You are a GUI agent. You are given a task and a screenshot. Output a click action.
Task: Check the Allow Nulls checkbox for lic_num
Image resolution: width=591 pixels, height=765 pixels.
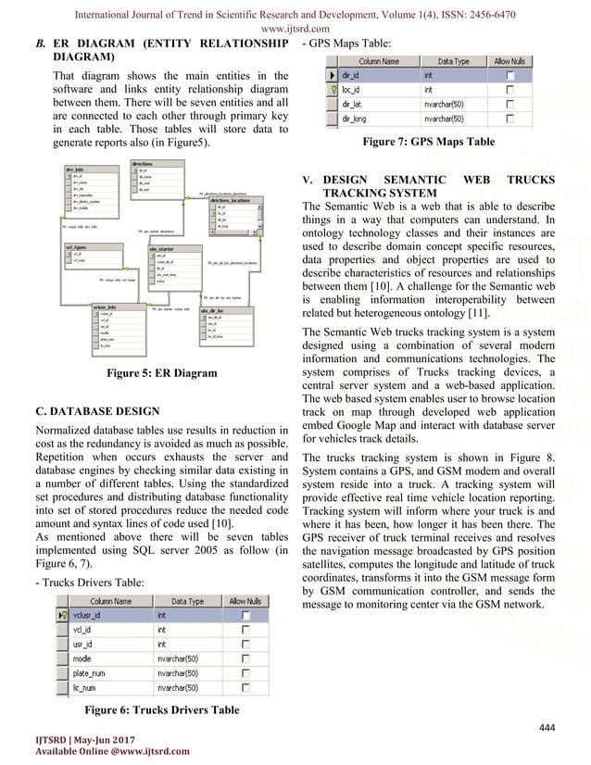coord(246,688)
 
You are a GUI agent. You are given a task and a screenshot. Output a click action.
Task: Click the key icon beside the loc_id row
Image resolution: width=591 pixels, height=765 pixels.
coord(321,90)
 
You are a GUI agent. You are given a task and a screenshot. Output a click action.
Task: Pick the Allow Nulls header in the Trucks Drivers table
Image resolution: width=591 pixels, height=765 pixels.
coord(246,601)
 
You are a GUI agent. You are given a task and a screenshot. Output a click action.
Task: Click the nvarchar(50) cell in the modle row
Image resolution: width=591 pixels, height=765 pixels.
coord(185,658)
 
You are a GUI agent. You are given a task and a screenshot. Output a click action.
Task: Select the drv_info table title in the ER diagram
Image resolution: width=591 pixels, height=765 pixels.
coord(75,170)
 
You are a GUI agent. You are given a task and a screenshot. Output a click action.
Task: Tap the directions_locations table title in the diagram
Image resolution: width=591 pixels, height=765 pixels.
coord(230,198)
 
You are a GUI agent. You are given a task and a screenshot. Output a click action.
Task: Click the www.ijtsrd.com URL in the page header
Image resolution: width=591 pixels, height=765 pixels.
coord(295,27)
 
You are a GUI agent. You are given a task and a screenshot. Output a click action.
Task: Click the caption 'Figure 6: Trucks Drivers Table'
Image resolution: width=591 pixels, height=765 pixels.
coord(161,709)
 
